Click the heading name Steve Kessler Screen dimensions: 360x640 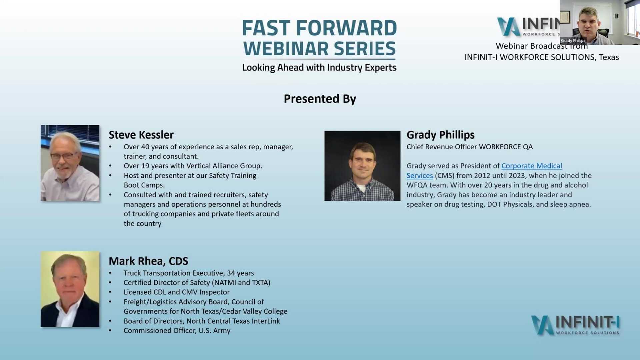point(141,135)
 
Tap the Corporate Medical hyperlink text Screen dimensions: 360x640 point(531,166)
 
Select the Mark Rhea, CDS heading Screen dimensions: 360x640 point(148,261)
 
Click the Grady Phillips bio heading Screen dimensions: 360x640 point(440,135)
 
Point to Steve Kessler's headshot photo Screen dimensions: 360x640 point(70,163)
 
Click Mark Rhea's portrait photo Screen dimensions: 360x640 point(70,289)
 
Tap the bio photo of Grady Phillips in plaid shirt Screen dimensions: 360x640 point(362,166)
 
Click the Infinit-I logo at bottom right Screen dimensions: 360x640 point(575,325)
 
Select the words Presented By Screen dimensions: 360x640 point(320,99)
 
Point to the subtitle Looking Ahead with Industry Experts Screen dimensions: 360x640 point(319,68)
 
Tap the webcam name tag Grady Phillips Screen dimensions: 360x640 point(573,41)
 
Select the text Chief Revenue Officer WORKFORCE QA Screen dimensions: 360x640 point(469,147)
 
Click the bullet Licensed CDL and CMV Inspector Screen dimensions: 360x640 point(176,292)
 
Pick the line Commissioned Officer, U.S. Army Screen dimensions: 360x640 point(177,330)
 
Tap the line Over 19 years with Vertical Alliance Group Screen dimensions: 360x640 point(193,166)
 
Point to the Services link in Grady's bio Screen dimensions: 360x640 point(419,175)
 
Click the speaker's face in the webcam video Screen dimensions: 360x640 point(589,23)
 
